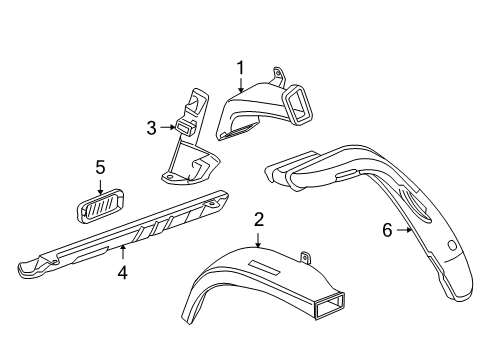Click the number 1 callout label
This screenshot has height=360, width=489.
click(240, 67)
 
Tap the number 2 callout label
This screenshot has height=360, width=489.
click(258, 219)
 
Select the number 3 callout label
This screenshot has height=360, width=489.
click(151, 128)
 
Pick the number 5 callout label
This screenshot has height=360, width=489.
click(100, 166)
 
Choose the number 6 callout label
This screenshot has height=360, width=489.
click(386, 230)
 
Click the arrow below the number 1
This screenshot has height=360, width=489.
click(240, 86)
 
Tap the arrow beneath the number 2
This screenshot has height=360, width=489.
click(258, 238)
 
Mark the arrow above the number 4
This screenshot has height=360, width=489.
click(122, 252)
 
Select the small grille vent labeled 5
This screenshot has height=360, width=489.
click(97, 206)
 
